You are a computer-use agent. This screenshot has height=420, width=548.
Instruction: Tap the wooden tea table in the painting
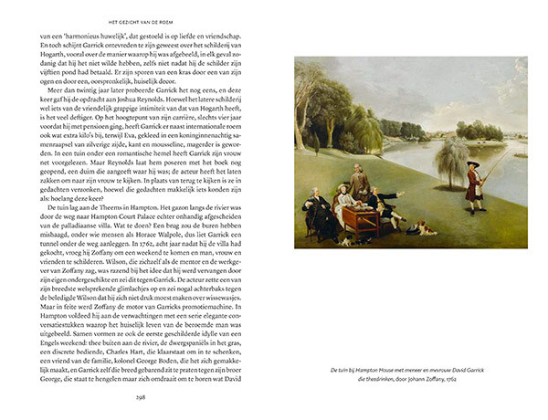pyautogui.click(x=361, y=215)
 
